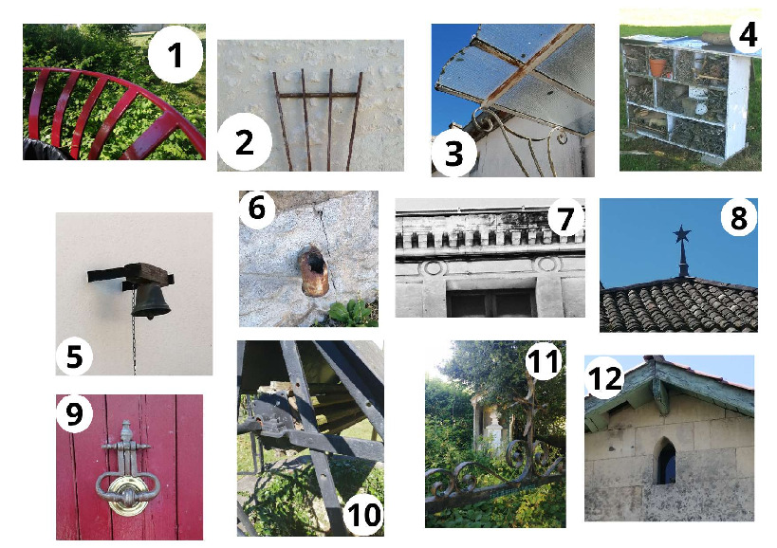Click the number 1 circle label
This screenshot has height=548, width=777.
175,54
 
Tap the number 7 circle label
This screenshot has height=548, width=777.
565,218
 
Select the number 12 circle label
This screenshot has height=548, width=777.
604,378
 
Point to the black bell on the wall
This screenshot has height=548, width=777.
152,301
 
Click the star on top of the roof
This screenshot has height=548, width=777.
682,234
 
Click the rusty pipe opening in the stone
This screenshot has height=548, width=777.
314,270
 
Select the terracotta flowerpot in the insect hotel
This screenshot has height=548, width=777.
657,66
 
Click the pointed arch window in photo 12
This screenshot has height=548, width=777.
665,462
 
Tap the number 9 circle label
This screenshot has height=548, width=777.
74,413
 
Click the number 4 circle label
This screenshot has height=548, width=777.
747,35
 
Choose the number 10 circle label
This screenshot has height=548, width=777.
363,515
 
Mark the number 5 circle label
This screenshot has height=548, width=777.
74,356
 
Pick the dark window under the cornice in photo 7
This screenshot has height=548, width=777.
490,301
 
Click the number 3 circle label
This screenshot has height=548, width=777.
453,153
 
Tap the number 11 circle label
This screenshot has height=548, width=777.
545,361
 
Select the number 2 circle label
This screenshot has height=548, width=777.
245,142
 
